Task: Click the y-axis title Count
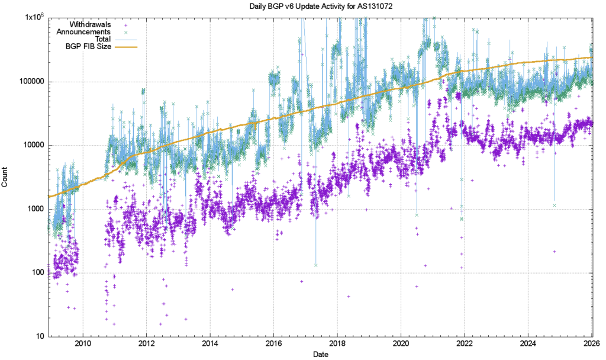point(5,176)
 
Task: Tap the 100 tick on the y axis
point(35,273)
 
